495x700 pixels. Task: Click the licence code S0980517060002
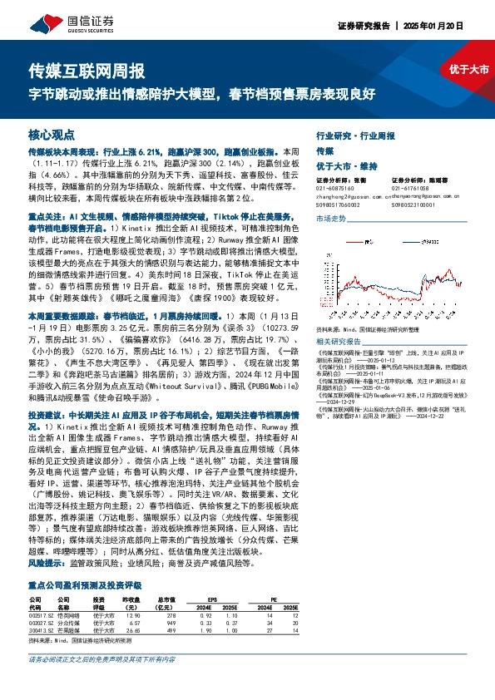[339, 204]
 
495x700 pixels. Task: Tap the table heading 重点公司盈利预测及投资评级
[87, 586]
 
